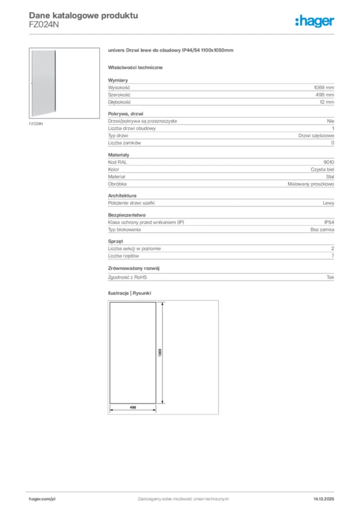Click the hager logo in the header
(x=314, y=21)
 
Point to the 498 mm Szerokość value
(x=325, y=94)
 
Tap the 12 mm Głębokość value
(x=327, y=102)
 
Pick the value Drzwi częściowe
(x=316, y=136)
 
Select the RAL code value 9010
(x=329, y=162)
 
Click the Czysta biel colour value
(x=322, y=170)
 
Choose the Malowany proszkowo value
(x=311, y=184)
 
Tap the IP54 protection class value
(x=329, y=222)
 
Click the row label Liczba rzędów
(x=123, y=255)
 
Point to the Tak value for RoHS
(x=330, y=277)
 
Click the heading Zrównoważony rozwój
(x=134, y=268)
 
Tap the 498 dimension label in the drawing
(x=133, y=407)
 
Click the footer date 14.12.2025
(x=324, y=499)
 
